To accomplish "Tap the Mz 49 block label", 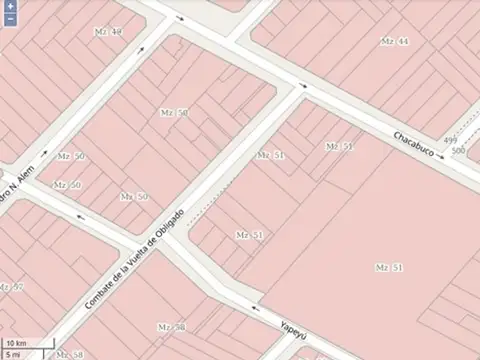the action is tap(110, 32).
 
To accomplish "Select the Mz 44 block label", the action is tap(395, 41).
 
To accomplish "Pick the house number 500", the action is tap(459, 151).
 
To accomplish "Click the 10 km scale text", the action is tap(15, 343).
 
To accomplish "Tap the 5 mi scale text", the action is tap(13, 354).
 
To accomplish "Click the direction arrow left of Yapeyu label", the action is tap(256, 308).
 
